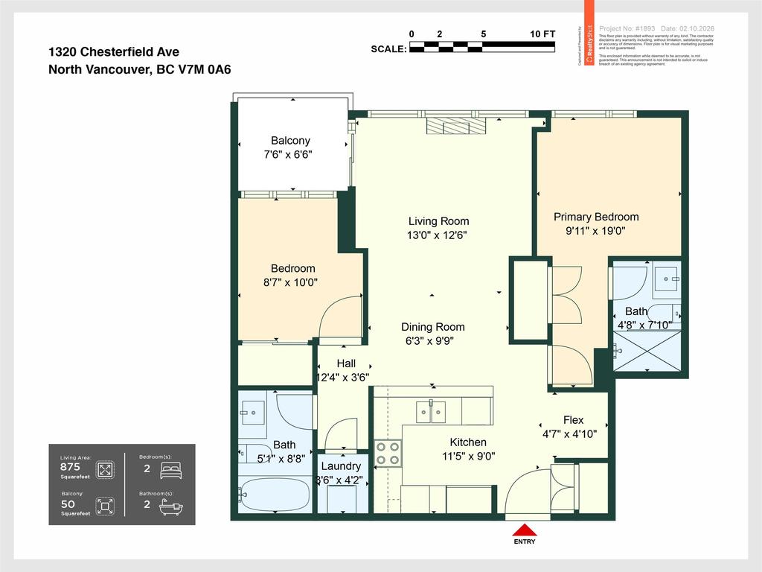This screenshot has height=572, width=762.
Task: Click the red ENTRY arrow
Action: [x=526, y=530]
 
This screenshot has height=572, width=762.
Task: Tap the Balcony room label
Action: [x=290, y=141]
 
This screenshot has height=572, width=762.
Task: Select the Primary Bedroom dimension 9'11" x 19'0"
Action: [x=595, y=231]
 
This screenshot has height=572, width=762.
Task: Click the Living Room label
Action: [x=438, y=221]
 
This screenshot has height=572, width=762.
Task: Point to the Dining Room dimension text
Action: [x=432, y=341]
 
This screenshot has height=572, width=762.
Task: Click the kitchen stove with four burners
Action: [x=388, y=454]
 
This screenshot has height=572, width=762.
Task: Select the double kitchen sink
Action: [x=431, y=411]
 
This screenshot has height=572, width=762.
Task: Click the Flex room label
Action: [x=573, y=420]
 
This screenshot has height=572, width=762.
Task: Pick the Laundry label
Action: [x=340, y=466]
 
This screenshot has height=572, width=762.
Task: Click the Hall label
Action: [x=346, y=363]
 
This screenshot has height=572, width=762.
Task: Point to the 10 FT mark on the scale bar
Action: [x=542, y=34]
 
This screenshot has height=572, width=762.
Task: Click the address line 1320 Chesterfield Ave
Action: [x=114, y=52]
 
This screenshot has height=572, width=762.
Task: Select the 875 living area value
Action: [x=70, y=466]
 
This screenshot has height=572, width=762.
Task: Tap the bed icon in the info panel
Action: [x=170, y=470]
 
